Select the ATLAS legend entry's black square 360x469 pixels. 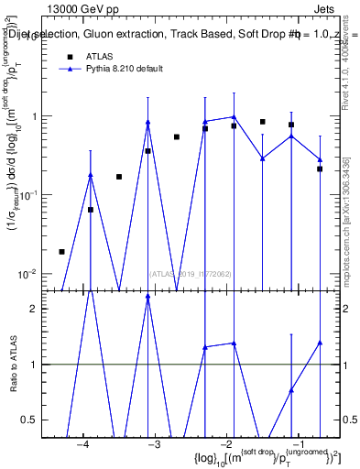(x=70, y=57)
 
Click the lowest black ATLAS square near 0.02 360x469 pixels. (x=61, y=251)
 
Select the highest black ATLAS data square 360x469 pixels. (x=263, y=121)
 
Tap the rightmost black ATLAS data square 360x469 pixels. (x=320, y=169)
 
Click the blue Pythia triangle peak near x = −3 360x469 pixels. (x=147, y=123)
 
